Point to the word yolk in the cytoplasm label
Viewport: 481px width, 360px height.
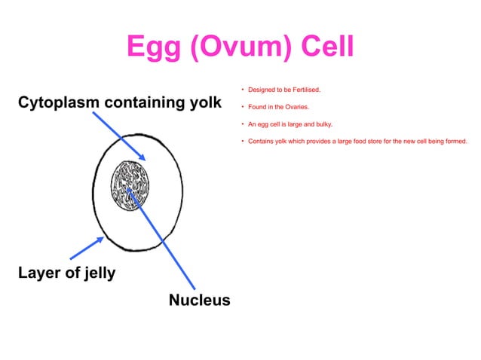(x=205, y=102)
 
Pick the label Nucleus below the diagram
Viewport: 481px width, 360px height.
(x=199, y=301)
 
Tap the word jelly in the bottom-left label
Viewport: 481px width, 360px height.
(x=98, y=273)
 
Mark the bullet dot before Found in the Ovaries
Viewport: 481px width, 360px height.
(x=241, y=107)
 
